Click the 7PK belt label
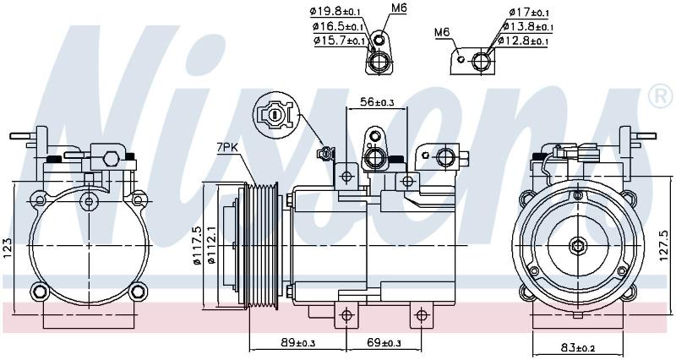click(x=226, y=148)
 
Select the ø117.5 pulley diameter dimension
click(x=197, y=246)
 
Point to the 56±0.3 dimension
click(x=377, y=102)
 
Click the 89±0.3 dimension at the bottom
click(x=298, y=343)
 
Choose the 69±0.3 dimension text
click(x=384, y=343)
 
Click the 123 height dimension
click(x=8, y=248)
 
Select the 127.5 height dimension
click(x=664, y=246)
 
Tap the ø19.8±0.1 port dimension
click(x=335, y=12)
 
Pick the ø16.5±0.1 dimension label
click(x=339, y=27)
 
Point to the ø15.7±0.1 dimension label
click(x=340, y=41)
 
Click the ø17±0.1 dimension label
click(x=529, y=13)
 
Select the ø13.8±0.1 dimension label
click(x=527, y=27)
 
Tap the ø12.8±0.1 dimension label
click(x=522, y=41)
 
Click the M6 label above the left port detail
click(x=399, y=8)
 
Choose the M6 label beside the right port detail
click(x=442, y=32)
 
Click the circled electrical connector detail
click(x=276, y=115)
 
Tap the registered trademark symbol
click(x=660, y=96)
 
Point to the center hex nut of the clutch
click(x=577, y=246)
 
